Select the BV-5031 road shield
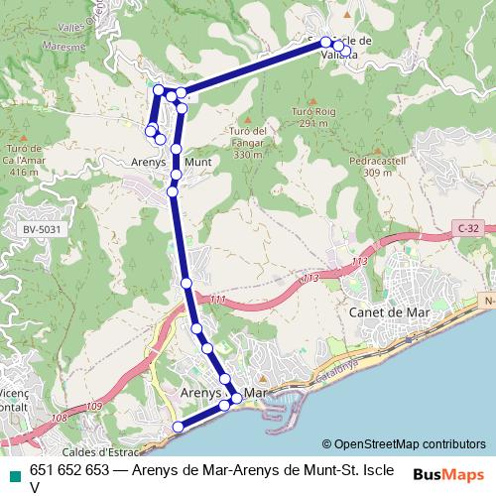[x=36, y=230]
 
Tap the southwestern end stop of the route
[x=179, y=427]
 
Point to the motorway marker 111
[x=217, y=300]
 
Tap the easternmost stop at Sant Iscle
[x=346, y=48]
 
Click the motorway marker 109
[x=93, y=406]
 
